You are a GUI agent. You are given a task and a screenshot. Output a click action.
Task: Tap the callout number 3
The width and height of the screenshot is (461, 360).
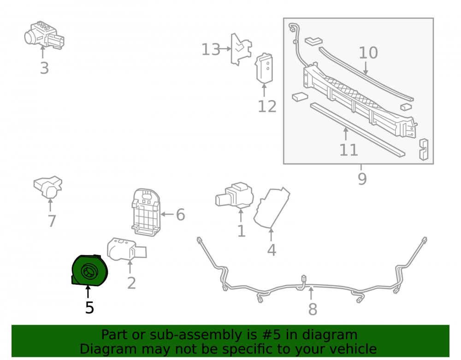[x=44, y=68]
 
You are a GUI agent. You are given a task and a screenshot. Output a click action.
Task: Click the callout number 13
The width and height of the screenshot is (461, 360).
[x=211, y=49]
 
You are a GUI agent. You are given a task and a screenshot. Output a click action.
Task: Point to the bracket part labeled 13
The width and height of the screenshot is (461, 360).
[x=241, y=49]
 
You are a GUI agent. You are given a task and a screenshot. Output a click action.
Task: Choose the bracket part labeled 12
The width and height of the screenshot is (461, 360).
[x=264, y=68]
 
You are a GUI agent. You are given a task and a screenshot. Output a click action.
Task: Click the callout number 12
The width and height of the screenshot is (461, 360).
[x=267, y=106]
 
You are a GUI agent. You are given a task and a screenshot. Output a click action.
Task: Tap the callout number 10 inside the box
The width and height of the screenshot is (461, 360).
[x=368, y=53]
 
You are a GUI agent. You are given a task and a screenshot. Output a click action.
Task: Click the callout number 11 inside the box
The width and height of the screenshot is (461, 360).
[x=349, y=150]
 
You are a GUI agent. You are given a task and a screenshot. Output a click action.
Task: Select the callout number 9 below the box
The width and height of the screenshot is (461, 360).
[x=362, y=179]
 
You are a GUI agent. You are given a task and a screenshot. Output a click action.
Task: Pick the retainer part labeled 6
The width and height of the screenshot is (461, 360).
[x=146, y=212]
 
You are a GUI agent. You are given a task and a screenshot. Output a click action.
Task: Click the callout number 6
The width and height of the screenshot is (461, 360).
[x=181, y=214]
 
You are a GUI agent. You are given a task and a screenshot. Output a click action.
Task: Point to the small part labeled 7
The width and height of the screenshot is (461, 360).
[x=48, y=187]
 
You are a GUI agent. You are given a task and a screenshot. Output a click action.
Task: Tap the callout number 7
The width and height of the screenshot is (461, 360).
[x=52, y=221]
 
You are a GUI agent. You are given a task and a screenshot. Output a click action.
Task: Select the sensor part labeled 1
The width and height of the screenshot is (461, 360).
[x=234, y=195]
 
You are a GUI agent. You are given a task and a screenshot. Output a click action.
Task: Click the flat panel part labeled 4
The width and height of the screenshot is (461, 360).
[x=272, y=208]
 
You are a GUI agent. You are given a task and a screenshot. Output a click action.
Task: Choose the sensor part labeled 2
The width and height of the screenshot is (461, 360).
[x=126, y=250]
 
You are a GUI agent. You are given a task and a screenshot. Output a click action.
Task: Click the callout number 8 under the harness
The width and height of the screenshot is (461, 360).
[x=313, y=309]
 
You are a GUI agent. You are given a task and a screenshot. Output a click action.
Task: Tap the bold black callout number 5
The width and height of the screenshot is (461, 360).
[x=89, y=308]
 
